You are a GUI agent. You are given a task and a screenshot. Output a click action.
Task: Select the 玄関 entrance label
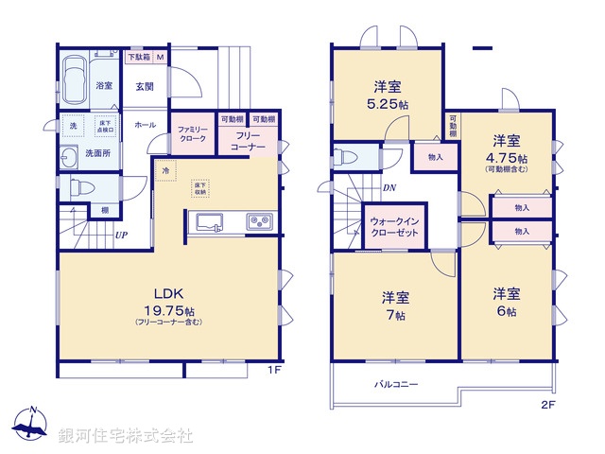145,86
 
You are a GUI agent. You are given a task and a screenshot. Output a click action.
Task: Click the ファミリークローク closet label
194,135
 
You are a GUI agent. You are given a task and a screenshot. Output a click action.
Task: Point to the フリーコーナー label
248,142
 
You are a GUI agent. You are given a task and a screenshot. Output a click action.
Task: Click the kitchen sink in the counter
210,223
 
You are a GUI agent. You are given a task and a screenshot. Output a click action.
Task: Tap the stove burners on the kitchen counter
259,223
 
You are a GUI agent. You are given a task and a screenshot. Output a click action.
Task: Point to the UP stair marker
121,236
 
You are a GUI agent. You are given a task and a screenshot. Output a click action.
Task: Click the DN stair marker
389,188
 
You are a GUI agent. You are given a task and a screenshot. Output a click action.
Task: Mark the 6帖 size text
506,312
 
